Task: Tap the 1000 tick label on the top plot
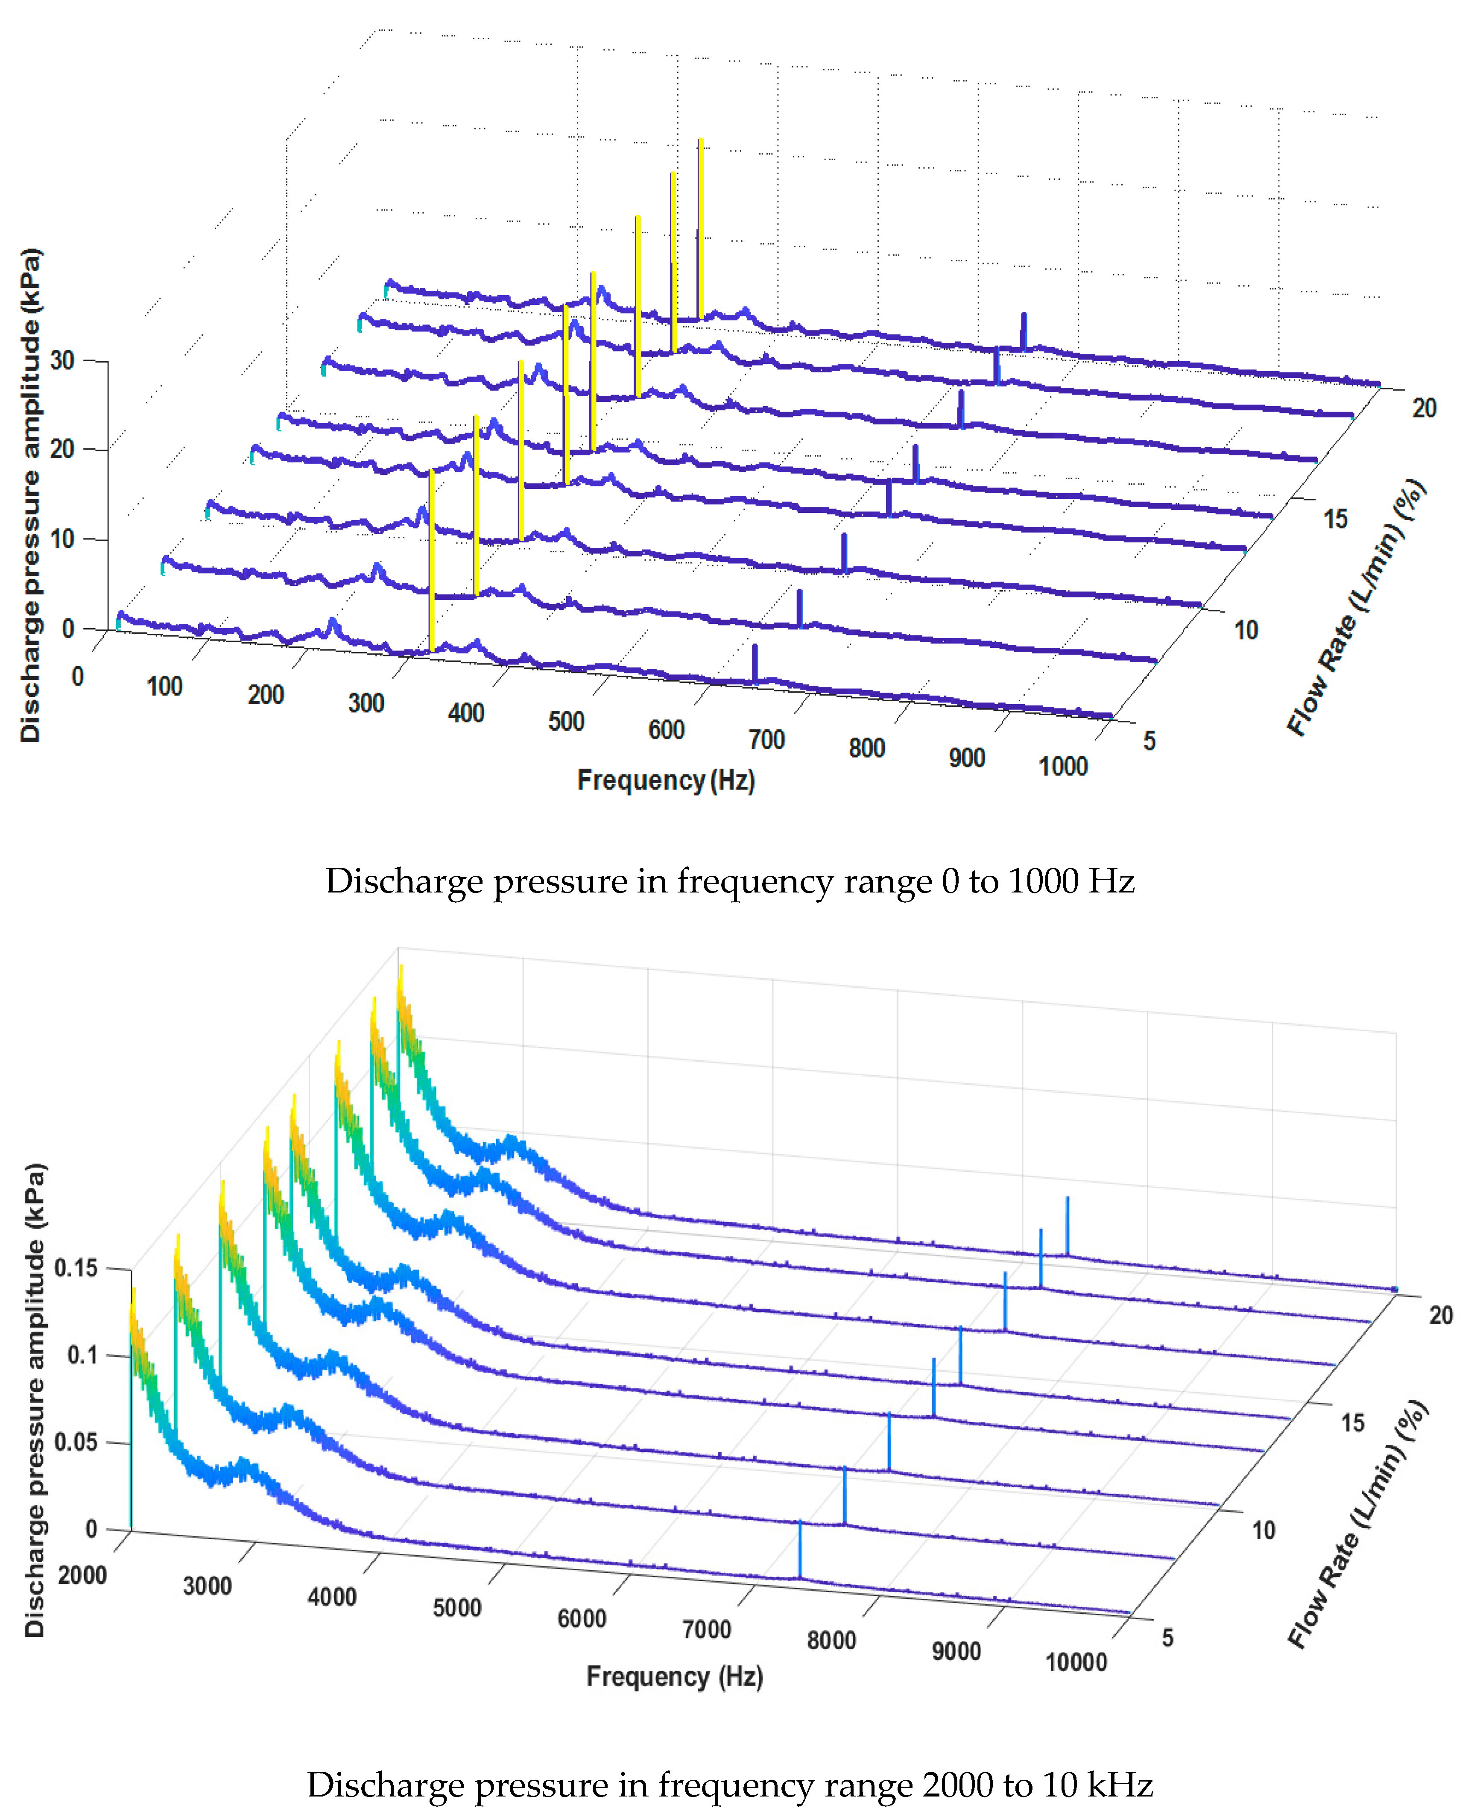[x=1063, y=767]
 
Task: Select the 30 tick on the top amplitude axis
[x=62, y=361]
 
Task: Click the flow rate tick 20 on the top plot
[x=1424, y=408]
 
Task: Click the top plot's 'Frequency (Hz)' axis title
[x=666, y=780]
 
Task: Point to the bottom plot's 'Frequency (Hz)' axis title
[x=675, y=1677]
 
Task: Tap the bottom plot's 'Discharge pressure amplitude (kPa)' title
[x=34, y=1399]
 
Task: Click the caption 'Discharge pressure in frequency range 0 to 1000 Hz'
[x=730, y=881]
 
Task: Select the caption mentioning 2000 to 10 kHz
[x=730, y=1785]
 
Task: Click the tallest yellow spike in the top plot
[x=700, y=230]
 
